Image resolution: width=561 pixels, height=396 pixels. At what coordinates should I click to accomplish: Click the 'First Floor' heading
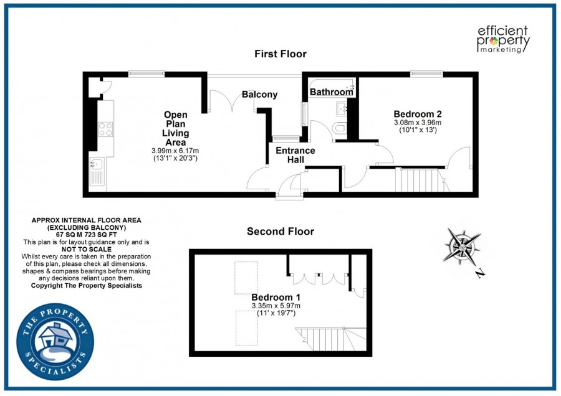pyautogui.click(x=280, y=54)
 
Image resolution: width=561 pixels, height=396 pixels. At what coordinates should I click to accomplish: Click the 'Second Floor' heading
pyautogui.click(x=280, y=232)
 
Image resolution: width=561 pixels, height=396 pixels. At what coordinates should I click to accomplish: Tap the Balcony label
pyautogui.click(x=260, y=95)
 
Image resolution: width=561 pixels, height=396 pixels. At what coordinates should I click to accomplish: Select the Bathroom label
pyautogui.click(x=331, y=92)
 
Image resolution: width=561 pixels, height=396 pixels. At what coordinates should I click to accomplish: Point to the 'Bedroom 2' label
pyautogui.click(x=418, y=114)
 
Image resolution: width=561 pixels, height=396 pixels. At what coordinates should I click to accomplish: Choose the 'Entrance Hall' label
pyautogui.click(x=295, y=155)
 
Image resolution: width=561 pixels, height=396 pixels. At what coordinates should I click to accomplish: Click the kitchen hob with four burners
pyautogui.click(x=105, y=129)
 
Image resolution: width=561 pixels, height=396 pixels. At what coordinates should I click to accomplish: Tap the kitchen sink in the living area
pyautogui.click(x=97, y=166)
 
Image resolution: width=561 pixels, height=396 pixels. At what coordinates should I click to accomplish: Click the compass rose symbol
pyautogui.click(x=463, y=246)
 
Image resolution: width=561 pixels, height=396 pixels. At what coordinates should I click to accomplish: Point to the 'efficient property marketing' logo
pyautogui.click(x=502, y=39)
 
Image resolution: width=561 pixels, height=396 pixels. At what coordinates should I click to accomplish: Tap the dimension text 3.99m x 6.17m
pyautogui.click(x=175, y=151)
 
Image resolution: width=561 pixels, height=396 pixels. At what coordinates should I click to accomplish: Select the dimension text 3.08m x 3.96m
pyautogui.click(x=418, y=123)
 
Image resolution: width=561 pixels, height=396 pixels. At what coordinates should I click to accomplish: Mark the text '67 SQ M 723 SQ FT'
pyautogui.click(x=86, y=235)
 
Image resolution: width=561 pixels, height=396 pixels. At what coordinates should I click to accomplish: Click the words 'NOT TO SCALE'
pyautogui.click(x=86, y=248)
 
